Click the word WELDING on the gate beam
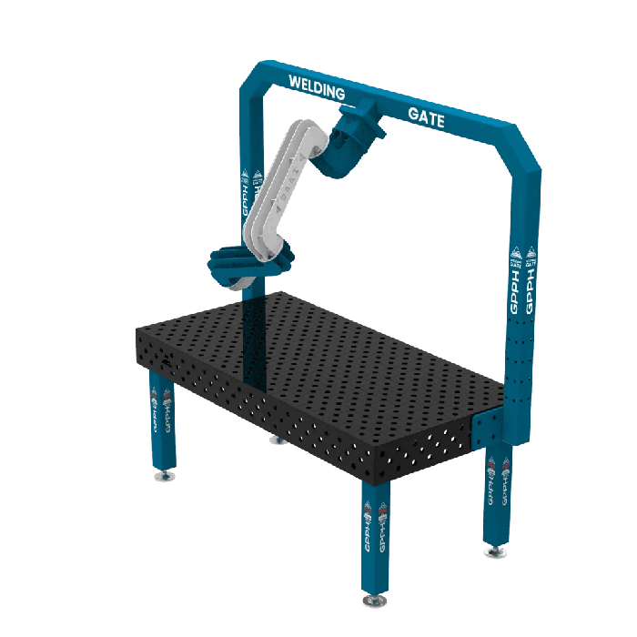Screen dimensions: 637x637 click(317, 89)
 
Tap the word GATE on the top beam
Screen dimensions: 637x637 click(426, 116)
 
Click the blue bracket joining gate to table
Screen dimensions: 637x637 click(488, 429)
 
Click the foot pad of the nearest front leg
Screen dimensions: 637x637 click(374, 601)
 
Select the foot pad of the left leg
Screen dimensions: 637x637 click(164, 476)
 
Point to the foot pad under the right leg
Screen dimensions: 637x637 click(496, 551)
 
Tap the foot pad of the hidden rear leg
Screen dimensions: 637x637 click(275, 441)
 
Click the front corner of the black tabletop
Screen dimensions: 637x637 click(382, 464)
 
